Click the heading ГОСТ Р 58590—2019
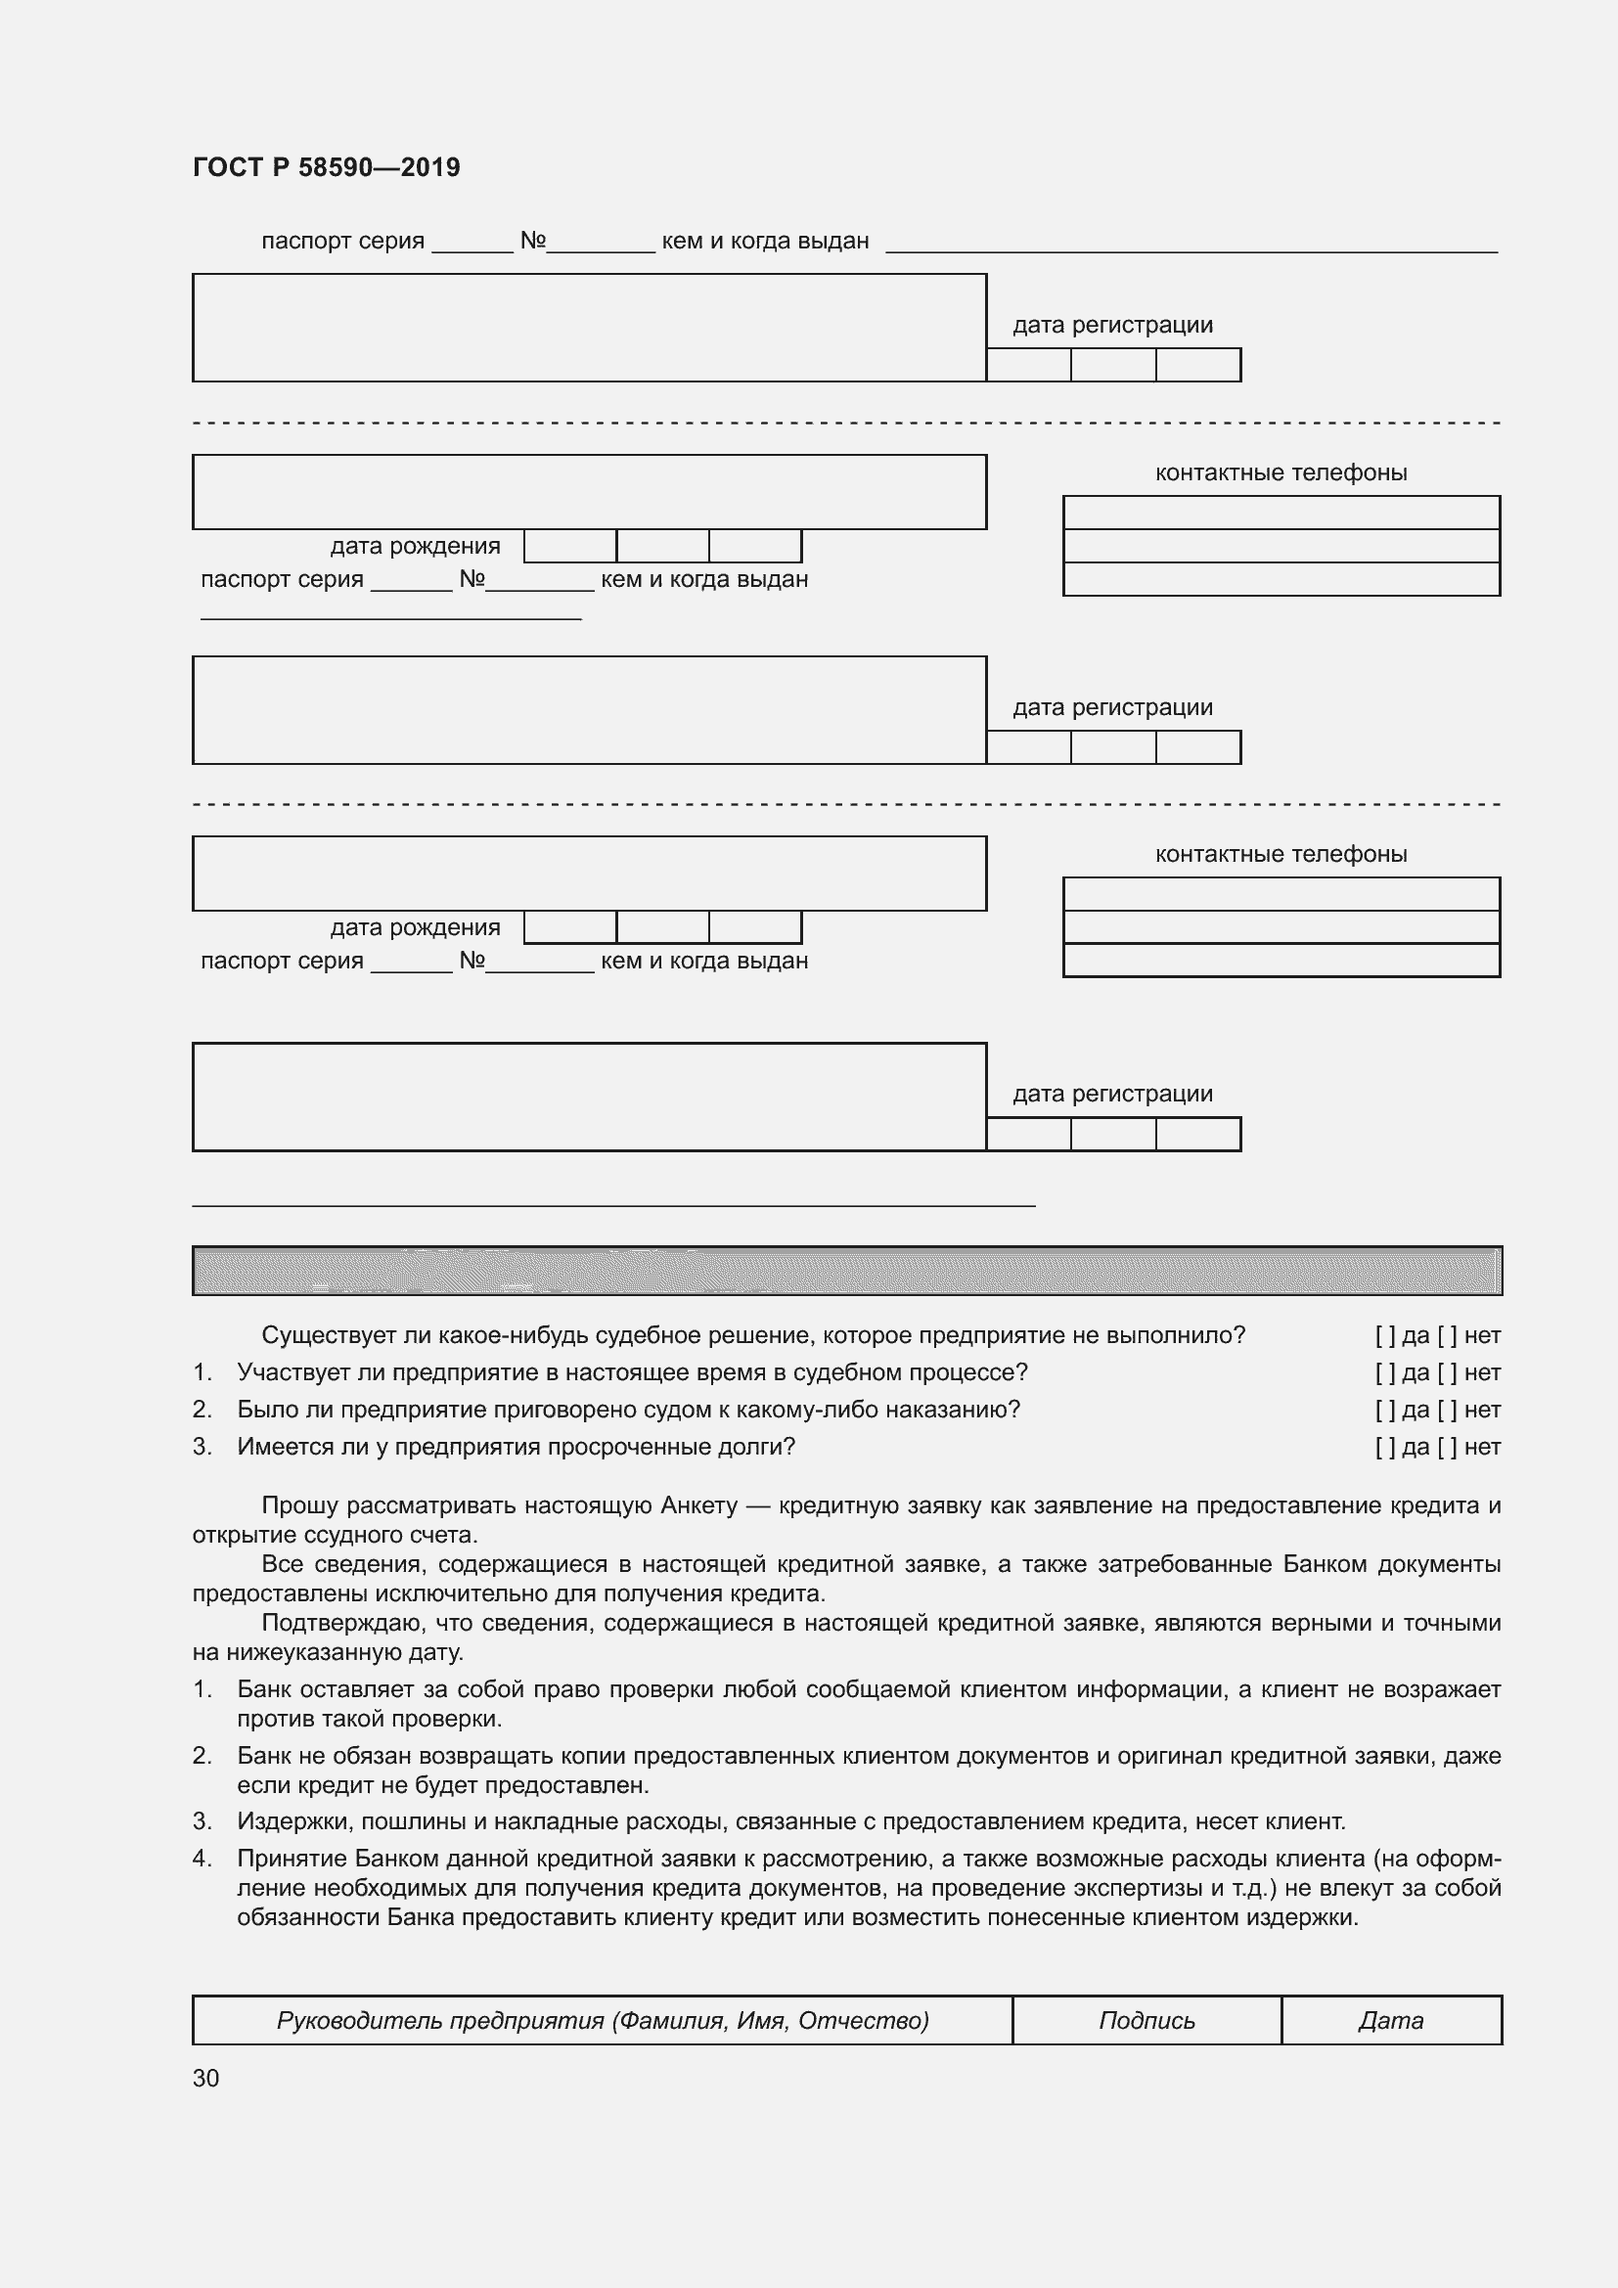coord(326,167)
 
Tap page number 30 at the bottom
coord(205,2078)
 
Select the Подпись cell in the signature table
coord(1146,2020)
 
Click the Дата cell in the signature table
coord(1391,2020)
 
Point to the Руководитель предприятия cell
coord(602,2020)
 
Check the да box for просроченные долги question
coord(1385,1447)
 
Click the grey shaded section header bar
coord(847,1271)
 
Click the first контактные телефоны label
coord(1281,472)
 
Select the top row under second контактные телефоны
coord(1281,894)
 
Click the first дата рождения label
coord(415,546)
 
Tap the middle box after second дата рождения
coord(662,927)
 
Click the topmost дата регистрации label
coord(1112,325)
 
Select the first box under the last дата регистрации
coord(1028,1134)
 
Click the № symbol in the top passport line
coord(532,241)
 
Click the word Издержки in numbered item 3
coord(292,1821)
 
